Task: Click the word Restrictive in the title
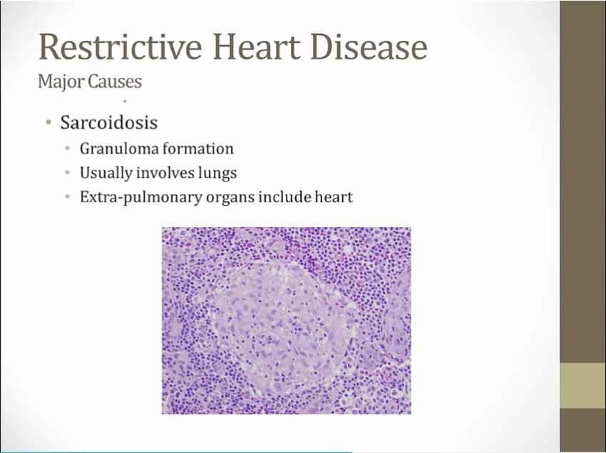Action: [x=120, y=46]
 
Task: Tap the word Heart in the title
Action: [x=257, y=46]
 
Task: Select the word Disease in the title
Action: [x=369, y=46]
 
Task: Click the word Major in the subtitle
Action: [x=61, y=82]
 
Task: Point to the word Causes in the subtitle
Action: [x=115, y=81]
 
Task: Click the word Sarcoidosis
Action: [x=109, y=123]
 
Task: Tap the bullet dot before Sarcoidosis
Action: [x=48, y=123]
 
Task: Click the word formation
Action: [x=198, y=148]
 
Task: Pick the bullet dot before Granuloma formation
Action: [x=68, y=148]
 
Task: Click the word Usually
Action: [x=106, y=173]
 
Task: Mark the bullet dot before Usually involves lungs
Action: [x=68, y=172]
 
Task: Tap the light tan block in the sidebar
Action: [x=582, y=385]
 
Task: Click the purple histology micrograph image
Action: [x=287, y=321]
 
